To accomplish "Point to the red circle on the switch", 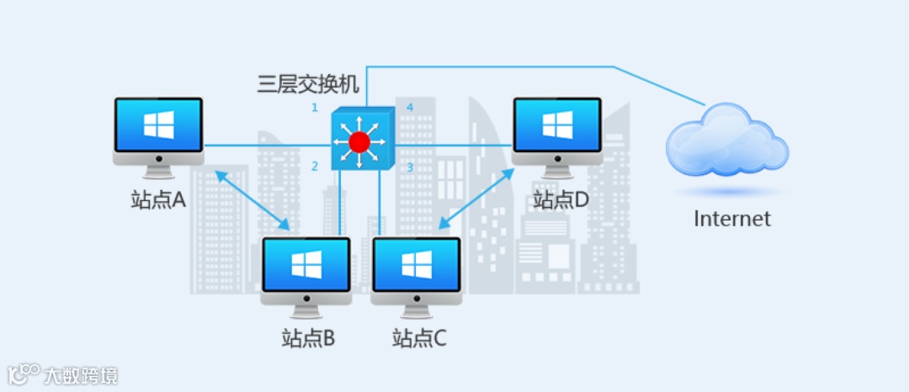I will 359,141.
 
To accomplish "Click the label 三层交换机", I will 308,84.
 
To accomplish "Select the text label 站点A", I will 158,200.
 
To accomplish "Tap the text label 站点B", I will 308,339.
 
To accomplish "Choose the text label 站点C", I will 419,339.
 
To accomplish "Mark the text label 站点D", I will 561,200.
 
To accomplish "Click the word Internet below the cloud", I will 731,219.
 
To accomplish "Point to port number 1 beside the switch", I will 315,108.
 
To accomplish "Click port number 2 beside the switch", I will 315,167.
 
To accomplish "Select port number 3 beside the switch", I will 410,167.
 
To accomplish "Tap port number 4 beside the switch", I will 410,108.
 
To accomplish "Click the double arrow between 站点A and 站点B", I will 253,200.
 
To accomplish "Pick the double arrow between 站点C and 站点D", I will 476,198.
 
